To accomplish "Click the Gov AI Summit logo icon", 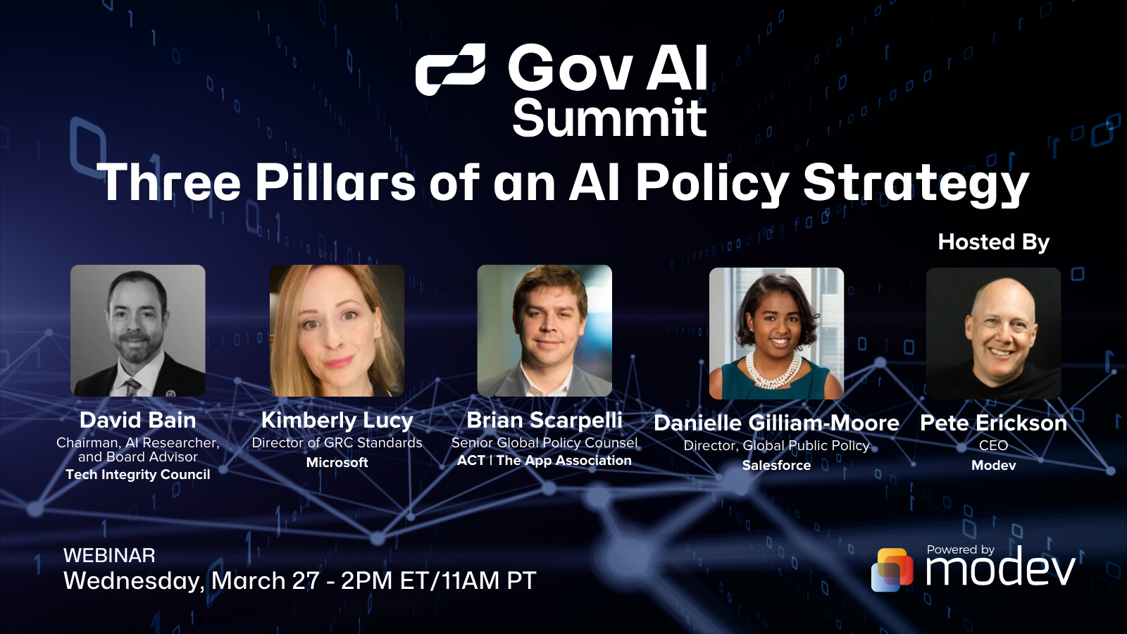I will click(x=450, y=69).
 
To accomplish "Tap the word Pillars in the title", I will click(x=335, y=182).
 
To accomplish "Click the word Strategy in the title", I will click(x=916, y=183).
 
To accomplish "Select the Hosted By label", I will click(x=993, y=242).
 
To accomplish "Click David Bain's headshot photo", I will click(x=138, y=330).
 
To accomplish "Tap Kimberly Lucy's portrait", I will click(x=337, y=330).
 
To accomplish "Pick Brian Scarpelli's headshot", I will click(x=544, y=330).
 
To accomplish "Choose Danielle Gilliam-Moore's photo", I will click(x=776, y=333).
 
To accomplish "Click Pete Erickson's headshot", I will click(x=993, y=333).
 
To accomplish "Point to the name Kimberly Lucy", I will click(x=337, y=421).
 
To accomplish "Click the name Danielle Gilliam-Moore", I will click(x=776, y=423).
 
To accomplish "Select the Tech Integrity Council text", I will click(x=138, y=475).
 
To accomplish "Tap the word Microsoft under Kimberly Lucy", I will click(x=337, y=463).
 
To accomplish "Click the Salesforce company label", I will click(x=776, y=466).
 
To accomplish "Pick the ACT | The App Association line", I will click(x=544, y=461).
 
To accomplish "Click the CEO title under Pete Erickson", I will click(x=993, y=446).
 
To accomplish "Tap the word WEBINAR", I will click(x=109, y=556).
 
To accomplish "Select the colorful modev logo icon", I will click(x=892, y=569).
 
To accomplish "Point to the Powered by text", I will click(x=960, y=549).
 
